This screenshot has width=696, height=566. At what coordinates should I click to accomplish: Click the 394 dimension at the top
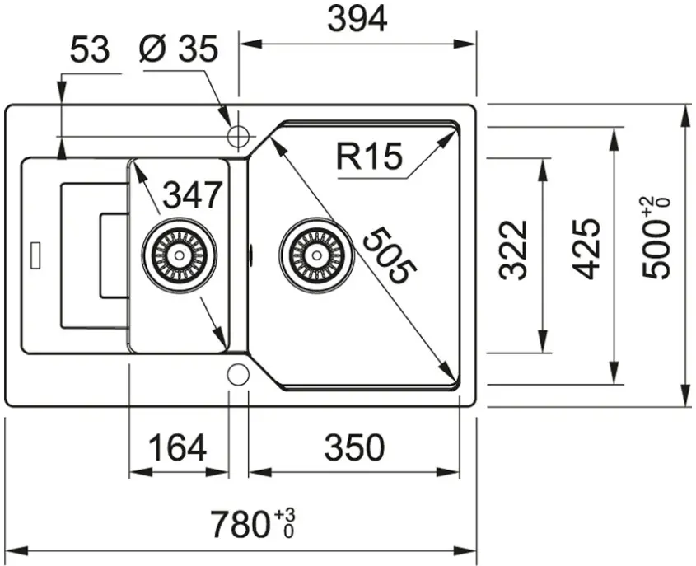[357, 20]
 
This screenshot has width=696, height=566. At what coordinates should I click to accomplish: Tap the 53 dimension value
[89, 51]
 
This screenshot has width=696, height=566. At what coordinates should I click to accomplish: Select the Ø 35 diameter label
[179, 51]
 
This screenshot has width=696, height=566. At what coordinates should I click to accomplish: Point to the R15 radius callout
[369, 156]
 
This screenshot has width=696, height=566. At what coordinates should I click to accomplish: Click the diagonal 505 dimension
[386, 256]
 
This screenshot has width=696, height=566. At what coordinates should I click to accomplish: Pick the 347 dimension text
[193, 195]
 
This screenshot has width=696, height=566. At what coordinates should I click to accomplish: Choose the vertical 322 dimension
[514, 250]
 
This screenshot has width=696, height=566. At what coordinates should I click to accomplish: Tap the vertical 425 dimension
[586, 250]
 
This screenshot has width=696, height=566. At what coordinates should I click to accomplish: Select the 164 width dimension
[177, 448]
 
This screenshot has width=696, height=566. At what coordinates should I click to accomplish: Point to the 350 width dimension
[354, 448]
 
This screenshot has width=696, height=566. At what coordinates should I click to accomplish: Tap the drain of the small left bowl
[179, 254]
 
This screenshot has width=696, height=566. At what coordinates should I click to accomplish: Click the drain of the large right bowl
[315, 254]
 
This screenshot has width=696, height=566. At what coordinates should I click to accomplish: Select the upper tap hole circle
[238, 136]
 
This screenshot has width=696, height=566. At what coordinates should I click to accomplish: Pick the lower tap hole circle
[238, 375]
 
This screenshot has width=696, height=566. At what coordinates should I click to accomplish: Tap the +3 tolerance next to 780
[285, 515]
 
